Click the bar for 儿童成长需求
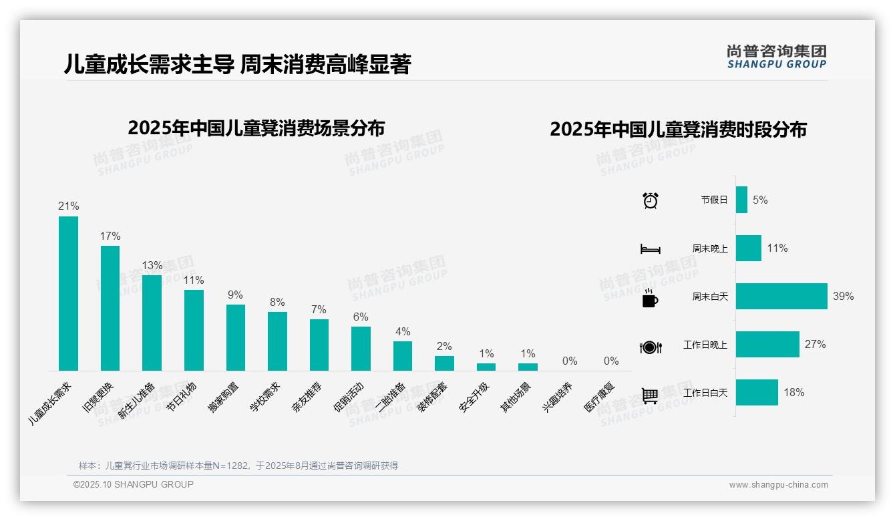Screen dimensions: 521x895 coord(68,293)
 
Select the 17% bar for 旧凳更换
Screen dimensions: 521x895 coord(110,308)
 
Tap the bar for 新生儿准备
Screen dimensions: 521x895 coord(152,323)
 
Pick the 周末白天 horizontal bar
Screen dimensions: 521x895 coord(781,296)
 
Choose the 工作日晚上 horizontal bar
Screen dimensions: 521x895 coord(767,345)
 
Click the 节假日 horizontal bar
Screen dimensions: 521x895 coord(741,200)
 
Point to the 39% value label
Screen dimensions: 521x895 coord(843,296)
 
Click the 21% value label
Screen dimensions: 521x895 coord(68,206)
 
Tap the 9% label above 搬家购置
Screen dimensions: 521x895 coord(235,295)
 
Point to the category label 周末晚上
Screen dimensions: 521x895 coord(709,248)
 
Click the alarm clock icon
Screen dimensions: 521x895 coord(650,200)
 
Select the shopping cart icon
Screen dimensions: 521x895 coord(650,395)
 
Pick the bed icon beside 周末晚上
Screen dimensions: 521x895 coord(650,249)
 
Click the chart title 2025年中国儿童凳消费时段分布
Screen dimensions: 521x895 coord(678,129)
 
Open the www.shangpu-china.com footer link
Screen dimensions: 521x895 coord(778,485)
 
